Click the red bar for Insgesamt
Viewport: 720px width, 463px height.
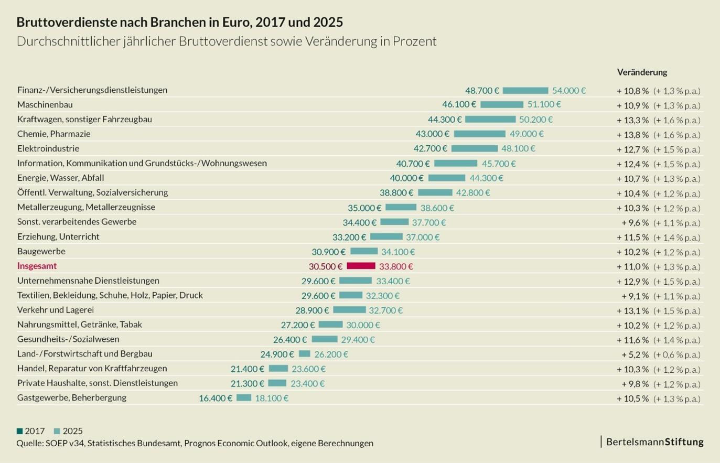[361, 266]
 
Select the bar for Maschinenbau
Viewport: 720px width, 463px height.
[501, 105]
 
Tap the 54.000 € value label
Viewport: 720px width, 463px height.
[568, 91]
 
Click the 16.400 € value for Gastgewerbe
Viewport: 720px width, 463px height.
[215, 398]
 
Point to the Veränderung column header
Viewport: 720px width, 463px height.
[642, 72]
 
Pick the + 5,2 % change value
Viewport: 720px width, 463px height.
[635, 354]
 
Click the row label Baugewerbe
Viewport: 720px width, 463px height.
[41, 251]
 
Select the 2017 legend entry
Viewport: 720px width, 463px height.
[31, 431]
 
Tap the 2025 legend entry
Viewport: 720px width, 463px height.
[69, 431]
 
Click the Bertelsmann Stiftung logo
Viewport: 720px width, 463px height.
[654, 442]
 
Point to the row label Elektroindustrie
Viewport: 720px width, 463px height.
[48, 148]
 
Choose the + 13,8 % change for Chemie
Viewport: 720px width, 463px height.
[632, 135]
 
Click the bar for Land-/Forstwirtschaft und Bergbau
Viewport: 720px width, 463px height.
[304, 354]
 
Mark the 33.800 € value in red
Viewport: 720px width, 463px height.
[396, 266]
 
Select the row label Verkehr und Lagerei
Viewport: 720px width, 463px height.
[56, 310]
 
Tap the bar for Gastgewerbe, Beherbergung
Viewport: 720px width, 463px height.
[243, 398]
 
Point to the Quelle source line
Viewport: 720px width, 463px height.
[195, 443]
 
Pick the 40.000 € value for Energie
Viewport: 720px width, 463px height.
[406, 178]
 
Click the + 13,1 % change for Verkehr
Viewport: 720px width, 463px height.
[632, 310]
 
